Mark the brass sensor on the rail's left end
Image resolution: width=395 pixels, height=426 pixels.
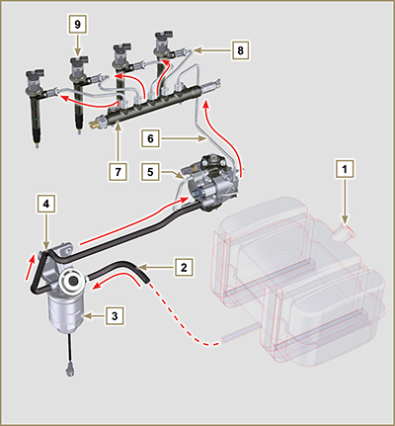click(x=97, y=126)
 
